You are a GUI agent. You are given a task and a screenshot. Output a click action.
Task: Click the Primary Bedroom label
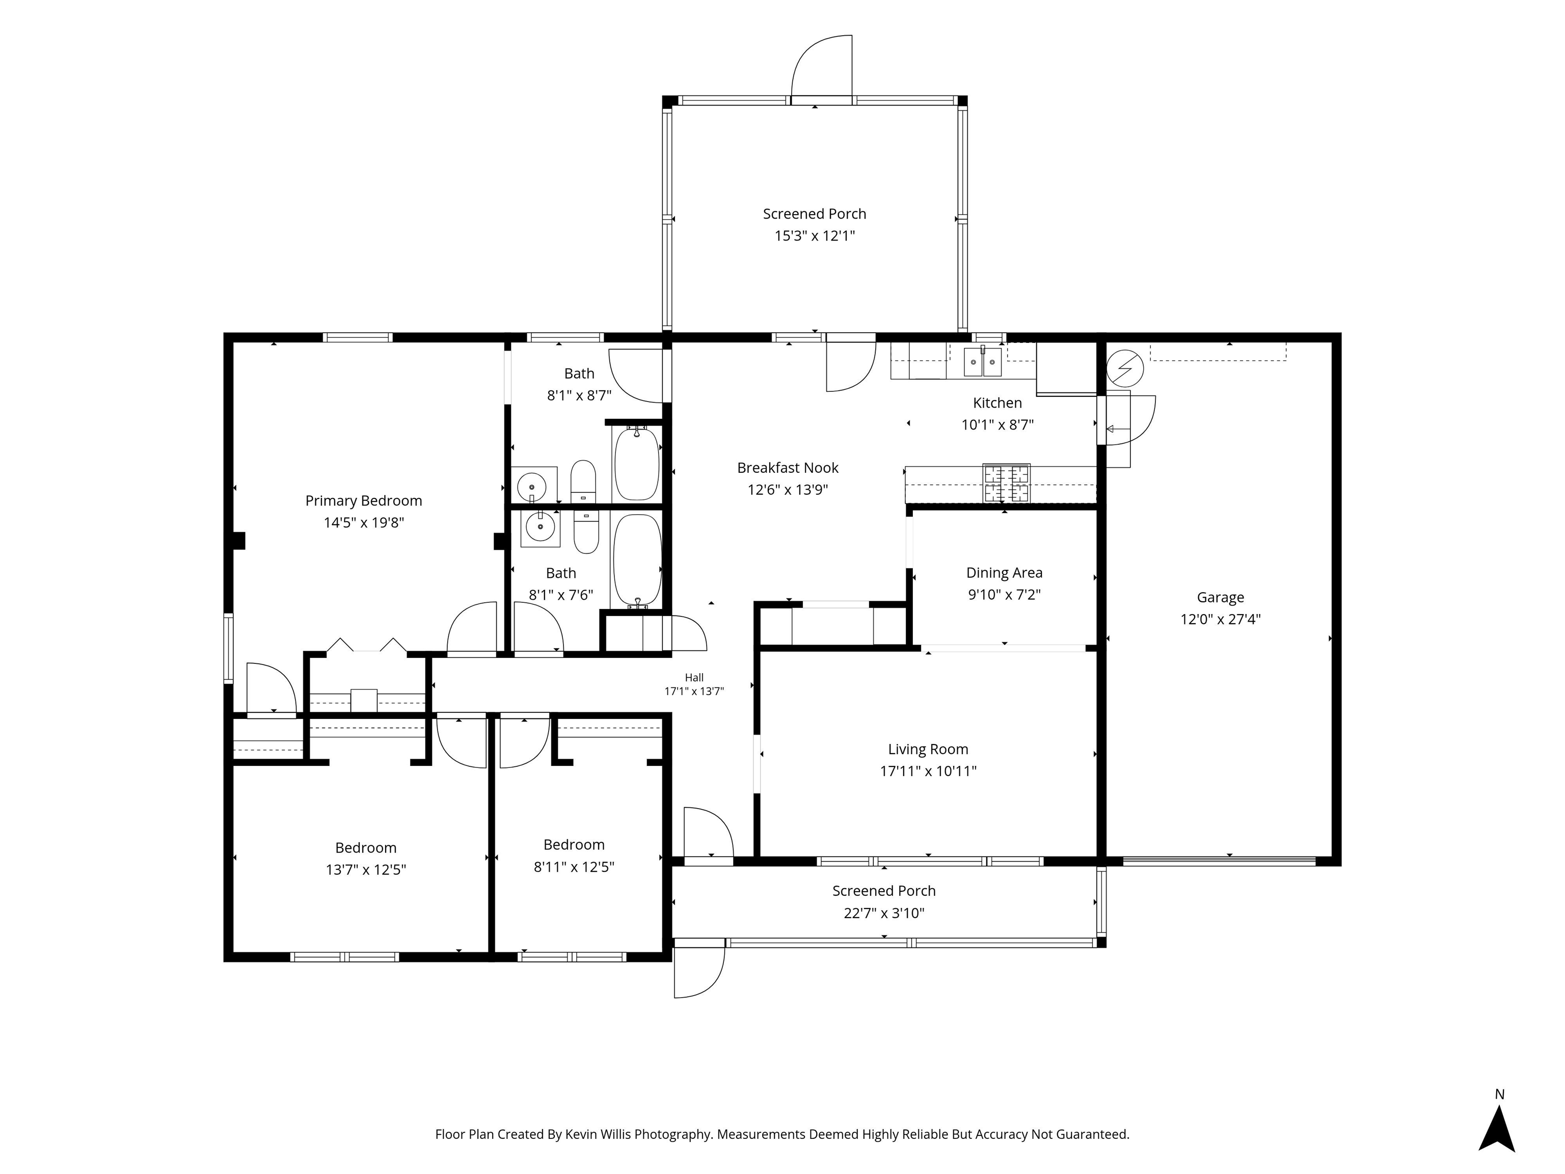click(364, 501)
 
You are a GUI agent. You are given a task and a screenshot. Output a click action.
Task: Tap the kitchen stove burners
click(1006, 484)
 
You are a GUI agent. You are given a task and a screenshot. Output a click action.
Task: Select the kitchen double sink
click(983, 362)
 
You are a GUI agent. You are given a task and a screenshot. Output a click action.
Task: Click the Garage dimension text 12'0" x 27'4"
click(1221, 619)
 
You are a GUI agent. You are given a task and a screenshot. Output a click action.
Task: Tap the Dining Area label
click(1004, 573)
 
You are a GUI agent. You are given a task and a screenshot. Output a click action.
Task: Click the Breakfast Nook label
click(788, 468)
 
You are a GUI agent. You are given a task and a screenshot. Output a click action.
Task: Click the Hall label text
click(694, 678)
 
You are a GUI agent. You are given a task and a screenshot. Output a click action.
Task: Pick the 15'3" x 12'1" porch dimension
click(814, 235)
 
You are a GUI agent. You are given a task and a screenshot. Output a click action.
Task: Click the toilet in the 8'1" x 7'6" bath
click(586, 531)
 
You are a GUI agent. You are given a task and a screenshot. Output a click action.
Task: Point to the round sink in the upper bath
click(531, 487)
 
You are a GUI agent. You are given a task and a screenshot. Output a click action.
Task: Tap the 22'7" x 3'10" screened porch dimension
click(884, 914)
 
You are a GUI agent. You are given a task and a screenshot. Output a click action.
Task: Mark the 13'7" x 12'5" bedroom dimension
click(366, 870)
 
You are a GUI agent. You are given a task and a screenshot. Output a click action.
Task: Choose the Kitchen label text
click(997, 403)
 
